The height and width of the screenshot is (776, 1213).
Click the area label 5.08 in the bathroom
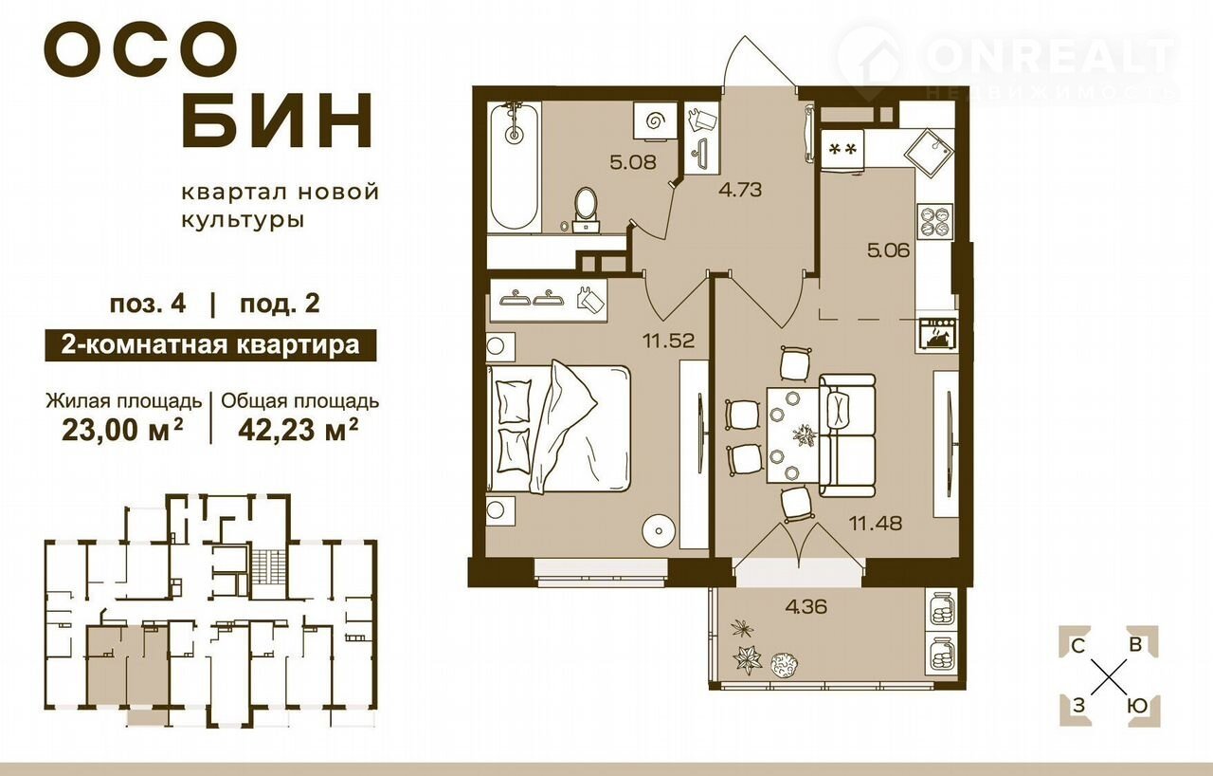[x=633, y=162]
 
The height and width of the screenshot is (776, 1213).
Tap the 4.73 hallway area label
[x=740, y=190]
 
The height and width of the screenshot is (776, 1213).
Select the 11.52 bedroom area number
[x=668, y=341]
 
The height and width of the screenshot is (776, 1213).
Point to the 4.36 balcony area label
[x=806, y=606]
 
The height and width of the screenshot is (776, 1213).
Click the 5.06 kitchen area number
[x=888, y=250]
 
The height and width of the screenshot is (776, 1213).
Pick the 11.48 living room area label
[x=875, y=523]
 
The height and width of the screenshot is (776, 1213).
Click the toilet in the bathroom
[x=586, y=211]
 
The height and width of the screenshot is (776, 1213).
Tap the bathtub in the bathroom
[x=514, y=167]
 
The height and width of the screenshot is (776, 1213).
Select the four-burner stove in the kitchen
[x=934, y=222]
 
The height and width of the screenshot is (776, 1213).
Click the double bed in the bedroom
[x=559, y=429]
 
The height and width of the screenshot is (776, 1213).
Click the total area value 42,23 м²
[x=299, y=431]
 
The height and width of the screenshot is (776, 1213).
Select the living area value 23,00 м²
[x=122, y=431]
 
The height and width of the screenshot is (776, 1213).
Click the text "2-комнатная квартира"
[x=210, y=345]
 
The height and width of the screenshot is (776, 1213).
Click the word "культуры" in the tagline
[x=242, y=220]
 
